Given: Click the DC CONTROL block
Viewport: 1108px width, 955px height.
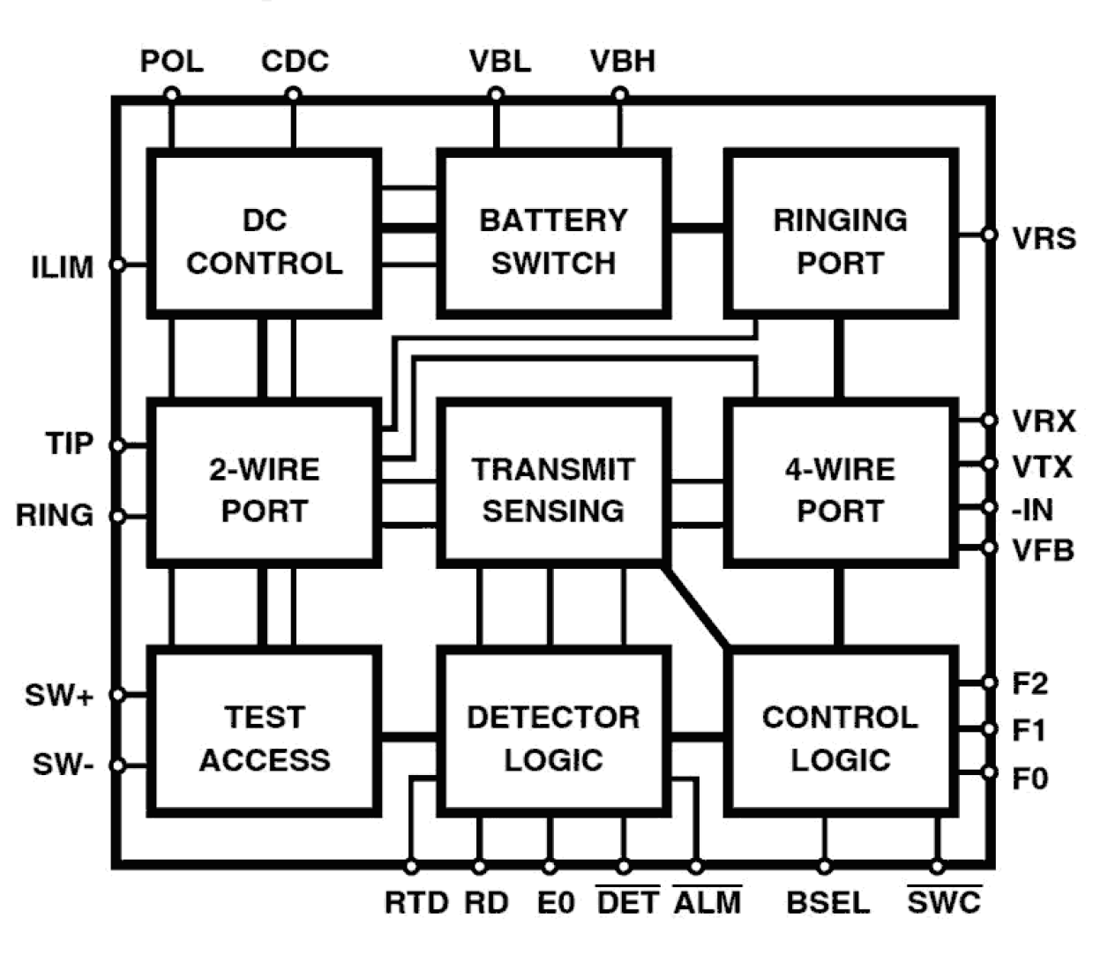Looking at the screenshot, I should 264,235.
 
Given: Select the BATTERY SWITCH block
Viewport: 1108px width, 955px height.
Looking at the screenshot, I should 553,235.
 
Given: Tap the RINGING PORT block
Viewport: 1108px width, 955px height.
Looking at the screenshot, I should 840,235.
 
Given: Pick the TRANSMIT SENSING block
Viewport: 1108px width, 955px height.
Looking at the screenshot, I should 553,483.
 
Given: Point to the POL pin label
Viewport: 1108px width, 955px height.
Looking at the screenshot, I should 172,62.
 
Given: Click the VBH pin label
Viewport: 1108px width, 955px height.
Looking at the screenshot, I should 623,62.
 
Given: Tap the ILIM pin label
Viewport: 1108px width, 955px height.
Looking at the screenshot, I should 63,266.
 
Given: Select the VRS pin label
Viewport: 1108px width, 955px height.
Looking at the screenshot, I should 1044,238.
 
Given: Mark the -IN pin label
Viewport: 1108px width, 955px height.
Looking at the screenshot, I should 1032,510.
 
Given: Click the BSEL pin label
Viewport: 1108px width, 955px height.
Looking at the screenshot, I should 827,902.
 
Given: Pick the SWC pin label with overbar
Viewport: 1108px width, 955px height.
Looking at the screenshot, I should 944,902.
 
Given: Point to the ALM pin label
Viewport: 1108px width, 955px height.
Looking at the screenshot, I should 707,902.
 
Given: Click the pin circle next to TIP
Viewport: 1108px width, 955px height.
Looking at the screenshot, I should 117,445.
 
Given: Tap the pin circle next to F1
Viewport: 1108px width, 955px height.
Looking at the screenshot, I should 990,729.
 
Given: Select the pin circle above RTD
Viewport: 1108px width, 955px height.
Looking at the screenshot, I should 411,867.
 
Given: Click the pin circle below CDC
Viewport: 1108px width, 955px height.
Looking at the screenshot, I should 294,94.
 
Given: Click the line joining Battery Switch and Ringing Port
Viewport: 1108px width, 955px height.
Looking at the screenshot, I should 697,229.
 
